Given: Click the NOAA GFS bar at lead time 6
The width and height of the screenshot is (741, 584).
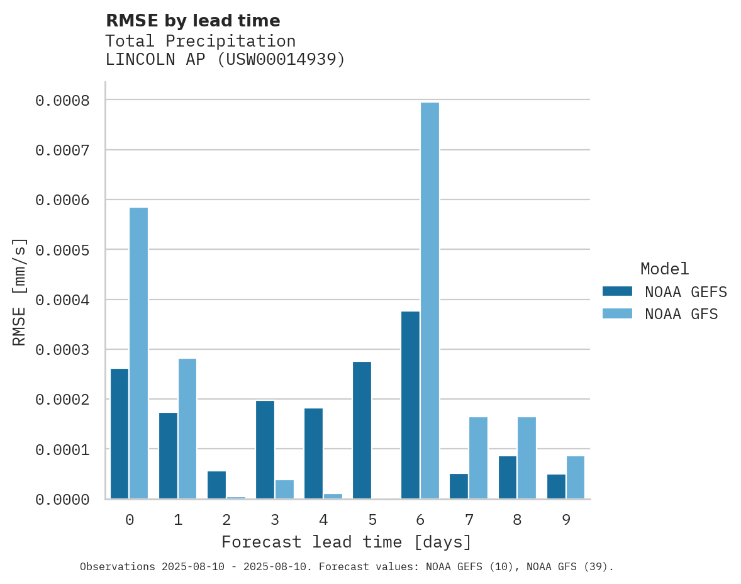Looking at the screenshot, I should (x=430, y=301).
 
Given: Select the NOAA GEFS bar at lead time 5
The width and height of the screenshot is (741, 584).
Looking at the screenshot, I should (x=362, y=430).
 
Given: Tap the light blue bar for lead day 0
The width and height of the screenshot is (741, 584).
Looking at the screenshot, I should (x=138, y=353).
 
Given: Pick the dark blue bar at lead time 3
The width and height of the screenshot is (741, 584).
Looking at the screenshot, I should (x=265, y=449).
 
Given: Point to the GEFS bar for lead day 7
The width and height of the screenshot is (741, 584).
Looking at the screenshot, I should (x=459, y=486).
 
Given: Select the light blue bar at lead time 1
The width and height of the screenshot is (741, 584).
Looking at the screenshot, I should (x=187, y=429).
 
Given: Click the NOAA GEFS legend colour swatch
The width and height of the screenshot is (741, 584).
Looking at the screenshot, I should (x=617, y=291).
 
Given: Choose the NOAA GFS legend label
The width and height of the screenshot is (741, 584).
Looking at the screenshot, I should (x=681, y=313).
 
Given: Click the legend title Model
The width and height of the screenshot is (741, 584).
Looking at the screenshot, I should (x=665, y=269).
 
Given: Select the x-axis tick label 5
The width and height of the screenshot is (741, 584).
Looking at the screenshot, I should (x=372, y=520).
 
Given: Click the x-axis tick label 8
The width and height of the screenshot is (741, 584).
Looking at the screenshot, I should (x=517, y=520).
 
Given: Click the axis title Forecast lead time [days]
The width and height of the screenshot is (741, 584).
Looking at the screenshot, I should (x=347, y=542).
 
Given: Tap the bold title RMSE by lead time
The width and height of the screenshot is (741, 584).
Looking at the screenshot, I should (x=192, y=21).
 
